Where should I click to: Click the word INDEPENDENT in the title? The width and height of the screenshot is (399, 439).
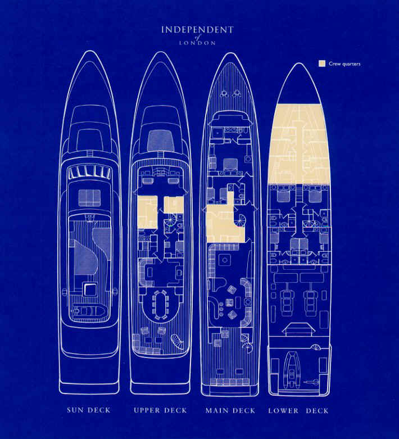(x=197, y=30)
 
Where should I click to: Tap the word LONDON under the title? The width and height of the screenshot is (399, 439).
(x=197, y=43)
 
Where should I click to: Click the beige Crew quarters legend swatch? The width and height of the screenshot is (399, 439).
(x=322, y=64)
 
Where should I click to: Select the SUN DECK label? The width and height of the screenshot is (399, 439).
(x=89, y=410)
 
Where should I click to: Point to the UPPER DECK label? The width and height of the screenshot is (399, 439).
(x=160, y=410)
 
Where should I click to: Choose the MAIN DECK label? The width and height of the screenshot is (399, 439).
(x=230, y=411)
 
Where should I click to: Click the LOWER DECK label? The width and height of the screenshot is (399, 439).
(x=298, y=411)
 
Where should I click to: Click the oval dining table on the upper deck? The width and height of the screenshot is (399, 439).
(x=160, y=305)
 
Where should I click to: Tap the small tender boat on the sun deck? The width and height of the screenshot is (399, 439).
(x=89, y=311)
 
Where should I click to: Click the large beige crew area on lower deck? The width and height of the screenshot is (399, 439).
(x=298, y=144)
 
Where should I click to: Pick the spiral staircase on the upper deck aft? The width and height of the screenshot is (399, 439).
(x=178, y=341)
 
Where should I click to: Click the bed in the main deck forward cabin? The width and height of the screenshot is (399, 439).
(x=230, y=165)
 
